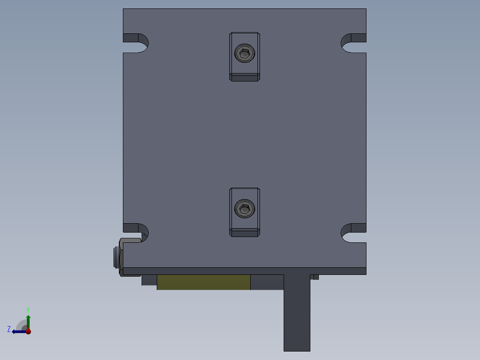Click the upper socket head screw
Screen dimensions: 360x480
[x=244, y=53]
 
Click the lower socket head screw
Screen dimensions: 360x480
[x=244, y=209]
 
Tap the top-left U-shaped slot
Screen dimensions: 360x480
[x=135, y=43]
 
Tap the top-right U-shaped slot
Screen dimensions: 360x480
[x=354, y=43]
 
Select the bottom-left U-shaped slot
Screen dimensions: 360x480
[x=135, y=233]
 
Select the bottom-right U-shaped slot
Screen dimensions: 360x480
[x=354, y=233]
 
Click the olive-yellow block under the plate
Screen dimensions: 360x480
[x=203, y=282]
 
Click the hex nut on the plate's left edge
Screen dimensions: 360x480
[x=117, y=258]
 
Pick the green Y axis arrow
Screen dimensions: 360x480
[x=28, y=321]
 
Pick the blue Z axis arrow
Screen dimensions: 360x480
[x=19, y=331]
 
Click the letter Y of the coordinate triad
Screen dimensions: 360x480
[x=28, y=310]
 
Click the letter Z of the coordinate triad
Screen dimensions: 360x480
[x=9, y=329]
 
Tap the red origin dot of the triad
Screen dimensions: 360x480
[x=28, y=331]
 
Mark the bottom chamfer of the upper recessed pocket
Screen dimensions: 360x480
[x=244, y=78]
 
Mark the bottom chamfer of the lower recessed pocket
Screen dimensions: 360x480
[x=244, y=232]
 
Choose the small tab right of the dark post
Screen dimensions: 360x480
[x=314, y=277]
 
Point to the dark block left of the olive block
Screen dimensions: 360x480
[x=149, y=280]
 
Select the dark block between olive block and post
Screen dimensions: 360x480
[x=267, y=282]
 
